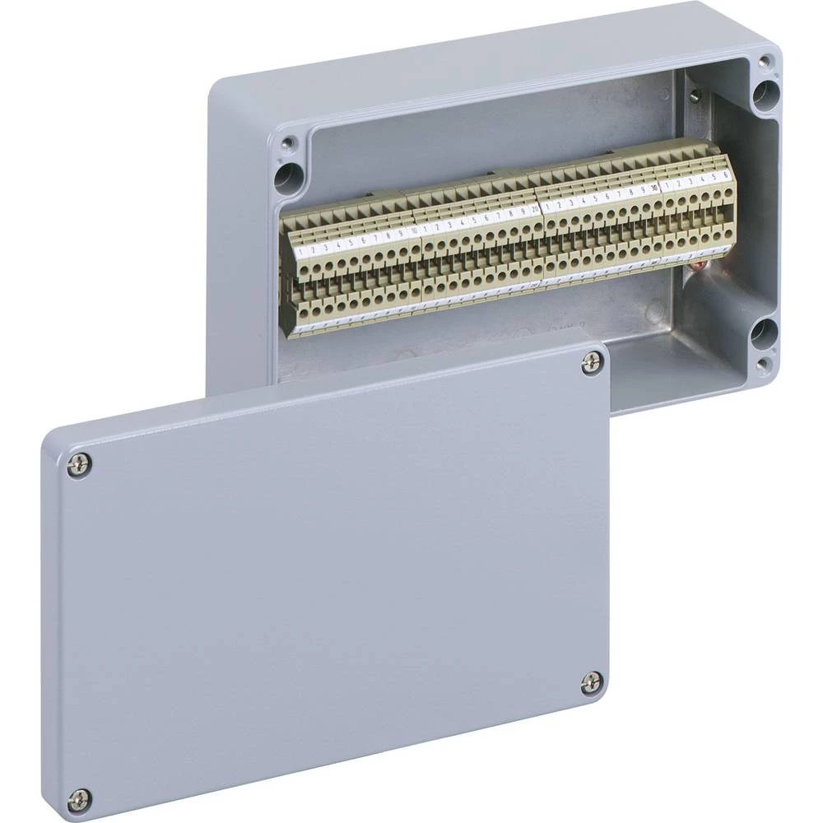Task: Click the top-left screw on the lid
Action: pos(80,466)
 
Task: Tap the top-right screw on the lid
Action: pos(592,363)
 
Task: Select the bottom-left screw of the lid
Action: pos(79,798)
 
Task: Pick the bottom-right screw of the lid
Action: pos(591,682)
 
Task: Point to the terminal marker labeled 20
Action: pos(535,210)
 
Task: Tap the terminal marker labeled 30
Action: pos(654,187)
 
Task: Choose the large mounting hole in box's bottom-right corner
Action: pos(762,332)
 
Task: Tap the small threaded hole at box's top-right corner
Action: pos(765,61)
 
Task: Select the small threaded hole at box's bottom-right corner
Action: pos(763,364)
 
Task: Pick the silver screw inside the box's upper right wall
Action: pos(696,96)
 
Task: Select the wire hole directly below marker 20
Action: pos(537,226)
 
